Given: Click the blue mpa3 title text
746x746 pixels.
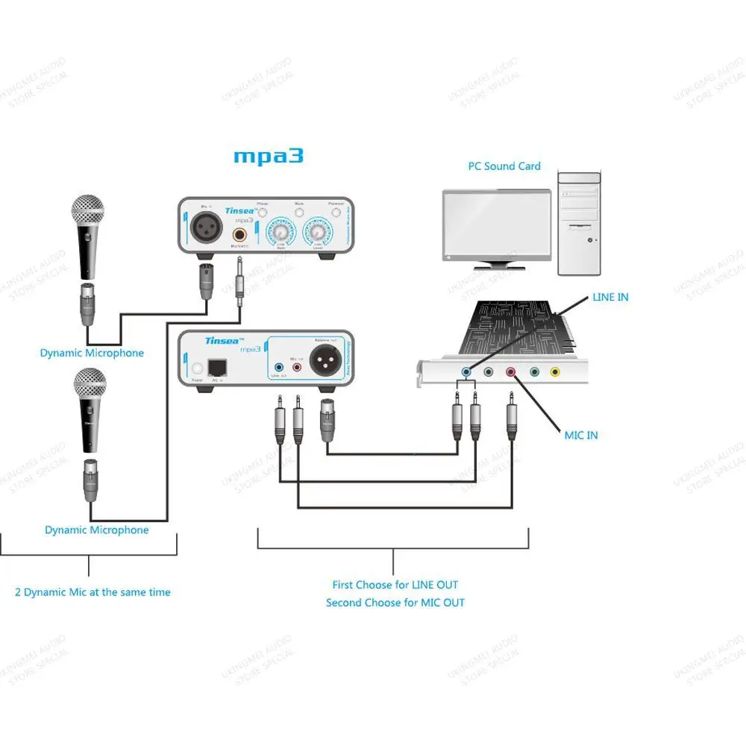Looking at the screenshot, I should click(269, 157).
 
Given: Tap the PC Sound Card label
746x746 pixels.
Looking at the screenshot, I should click(504, 166).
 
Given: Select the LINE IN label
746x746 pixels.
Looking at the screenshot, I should click(610, 297).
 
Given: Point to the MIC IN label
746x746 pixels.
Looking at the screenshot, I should click(581, 435).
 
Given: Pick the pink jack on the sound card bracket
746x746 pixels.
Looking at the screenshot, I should click(511, 371).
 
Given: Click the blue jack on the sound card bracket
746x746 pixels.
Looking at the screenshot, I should click(467, 371).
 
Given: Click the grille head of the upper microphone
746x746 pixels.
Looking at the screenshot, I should click(88, 211).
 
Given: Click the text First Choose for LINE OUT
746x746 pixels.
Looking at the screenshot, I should click(395, 585).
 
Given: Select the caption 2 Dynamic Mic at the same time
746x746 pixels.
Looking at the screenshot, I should click(93, 592).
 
